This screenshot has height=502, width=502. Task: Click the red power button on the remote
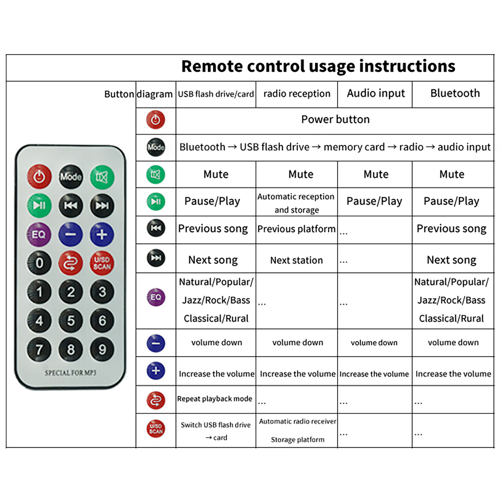pos(39,177)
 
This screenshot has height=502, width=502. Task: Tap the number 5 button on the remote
pos(71,320)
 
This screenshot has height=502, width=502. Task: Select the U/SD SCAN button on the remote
pos(102,263)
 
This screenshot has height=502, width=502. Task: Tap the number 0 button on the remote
pos(39,263)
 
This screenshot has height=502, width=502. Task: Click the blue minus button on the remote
pos(71,234)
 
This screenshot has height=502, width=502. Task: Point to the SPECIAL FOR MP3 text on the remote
pos(70,373)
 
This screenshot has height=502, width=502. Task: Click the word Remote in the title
pos(212,67)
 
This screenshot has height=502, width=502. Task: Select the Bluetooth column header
pos(455,93)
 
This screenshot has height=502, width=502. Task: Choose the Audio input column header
pos(376,93)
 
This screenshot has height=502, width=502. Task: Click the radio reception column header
pos(297,94)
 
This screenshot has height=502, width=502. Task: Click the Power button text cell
pos(335,120)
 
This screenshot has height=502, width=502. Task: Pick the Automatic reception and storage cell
pos(296,203)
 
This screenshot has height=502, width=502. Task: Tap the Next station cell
pos(296,260)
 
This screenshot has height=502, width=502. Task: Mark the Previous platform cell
pos(296,229)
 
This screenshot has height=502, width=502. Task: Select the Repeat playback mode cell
pos(215,399)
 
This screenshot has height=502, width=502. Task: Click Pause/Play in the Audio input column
pos(374,201)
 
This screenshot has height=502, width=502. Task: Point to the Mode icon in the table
pos(156,147)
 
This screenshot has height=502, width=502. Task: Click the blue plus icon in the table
pos(156,371)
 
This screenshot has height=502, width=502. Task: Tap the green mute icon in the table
pos(156,174)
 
